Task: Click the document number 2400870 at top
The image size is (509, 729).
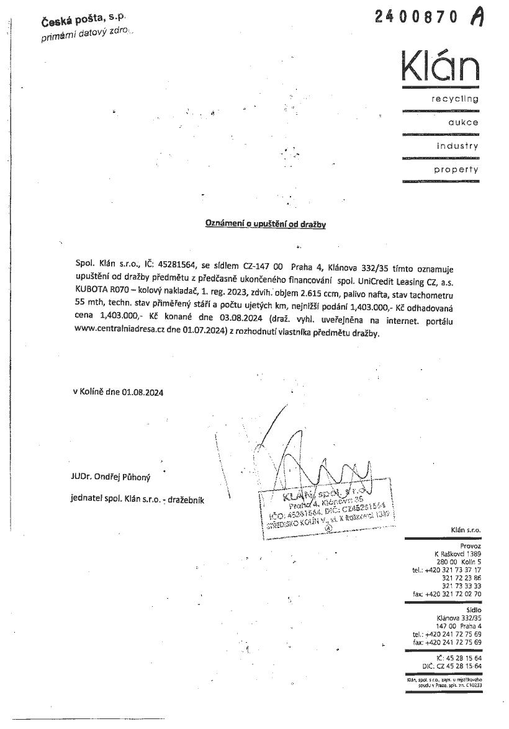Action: pos(418,17)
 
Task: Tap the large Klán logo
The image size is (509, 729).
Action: pos(439,66)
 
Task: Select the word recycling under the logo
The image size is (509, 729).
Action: pos(456,99)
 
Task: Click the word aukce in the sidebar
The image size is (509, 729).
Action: pos(463,122)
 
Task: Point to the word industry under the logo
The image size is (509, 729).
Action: pos(457,146)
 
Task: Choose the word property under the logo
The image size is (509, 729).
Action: pos(456,169)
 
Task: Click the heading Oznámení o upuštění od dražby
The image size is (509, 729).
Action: pos(266,224)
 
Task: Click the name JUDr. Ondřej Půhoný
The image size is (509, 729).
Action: pos(110,477)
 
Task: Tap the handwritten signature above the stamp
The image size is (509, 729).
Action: pos(310,462)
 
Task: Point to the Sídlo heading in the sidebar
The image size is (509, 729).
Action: pos(472,610)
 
